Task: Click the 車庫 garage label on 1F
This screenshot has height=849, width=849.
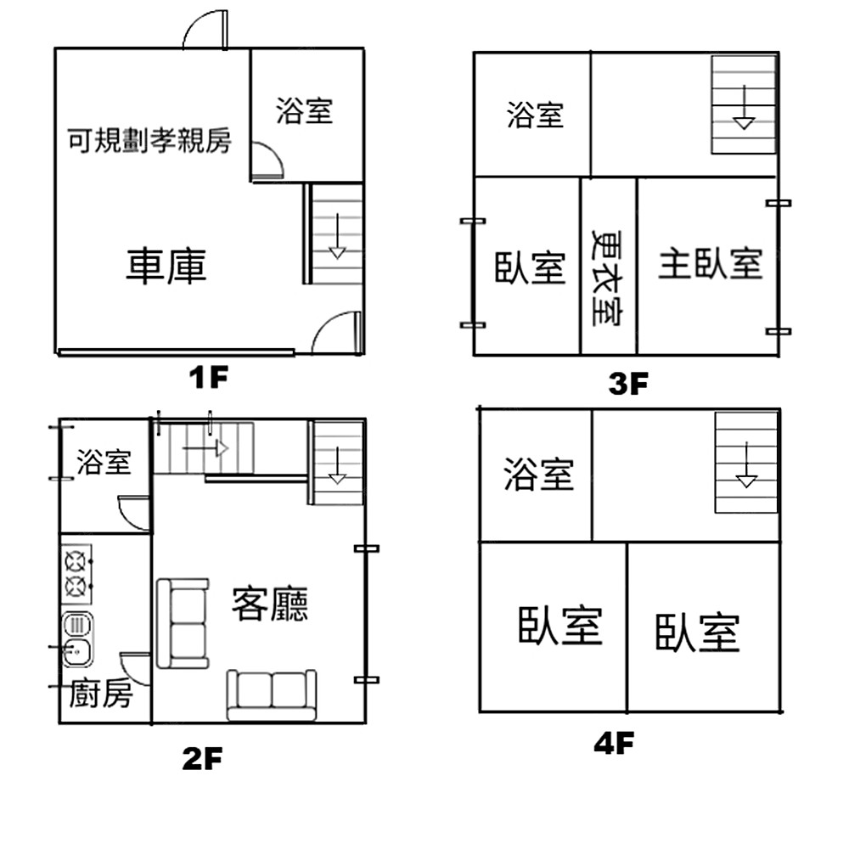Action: point(166,266)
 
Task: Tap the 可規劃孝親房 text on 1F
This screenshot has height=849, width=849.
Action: point(149,141)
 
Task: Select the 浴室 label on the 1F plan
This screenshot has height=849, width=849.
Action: point(304,111)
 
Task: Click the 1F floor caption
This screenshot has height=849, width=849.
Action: point(209,378)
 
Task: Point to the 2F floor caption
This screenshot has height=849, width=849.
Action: point(203,758)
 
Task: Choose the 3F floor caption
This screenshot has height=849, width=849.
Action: point(628,384)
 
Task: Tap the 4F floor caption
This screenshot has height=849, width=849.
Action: point(614,744)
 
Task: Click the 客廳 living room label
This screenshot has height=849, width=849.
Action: point(270,603)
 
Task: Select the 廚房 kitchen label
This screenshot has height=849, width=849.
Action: point(101,694)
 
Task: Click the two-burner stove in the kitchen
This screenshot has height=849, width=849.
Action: point(76,574)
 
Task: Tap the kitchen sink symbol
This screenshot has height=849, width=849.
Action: point(77,639)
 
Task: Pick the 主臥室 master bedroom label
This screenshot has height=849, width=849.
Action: point(711,264)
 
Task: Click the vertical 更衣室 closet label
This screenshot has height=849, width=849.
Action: point(608,278)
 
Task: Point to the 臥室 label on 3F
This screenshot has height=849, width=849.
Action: point(530,268)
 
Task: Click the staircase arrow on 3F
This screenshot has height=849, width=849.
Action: point(745,107)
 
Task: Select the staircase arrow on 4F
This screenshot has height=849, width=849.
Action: point(746,464)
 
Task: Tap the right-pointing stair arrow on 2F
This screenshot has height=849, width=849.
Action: point(205,448)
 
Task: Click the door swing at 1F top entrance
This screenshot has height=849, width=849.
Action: point(205,30)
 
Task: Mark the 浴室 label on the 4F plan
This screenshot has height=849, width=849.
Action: point(539,475)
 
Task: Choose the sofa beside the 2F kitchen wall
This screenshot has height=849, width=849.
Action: point(183,623)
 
